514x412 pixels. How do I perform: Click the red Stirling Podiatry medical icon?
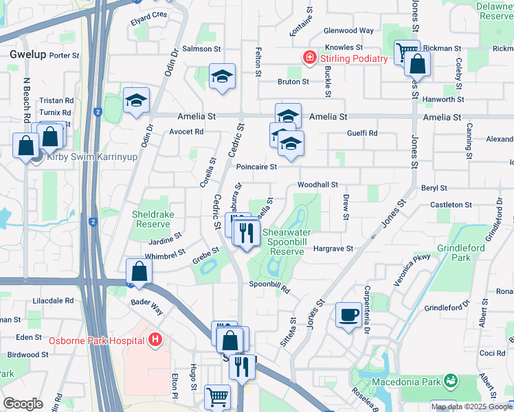(x=310, y=57)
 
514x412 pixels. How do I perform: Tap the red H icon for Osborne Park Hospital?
(x=156, y=340)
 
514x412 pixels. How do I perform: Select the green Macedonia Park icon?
(x=451, y=380)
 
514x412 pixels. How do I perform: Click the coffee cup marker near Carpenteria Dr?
(x=349, y=314)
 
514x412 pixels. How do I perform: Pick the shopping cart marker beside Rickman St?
(x=406, y=51)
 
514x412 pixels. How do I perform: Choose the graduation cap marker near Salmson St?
(x=222, y=78)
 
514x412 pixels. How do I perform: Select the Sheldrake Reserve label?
(x=150, y=219)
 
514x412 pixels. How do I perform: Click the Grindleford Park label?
(x=461, y=252)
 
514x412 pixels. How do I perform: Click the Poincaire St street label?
(x=256, y=167)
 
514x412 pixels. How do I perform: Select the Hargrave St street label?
(x=333, y=249)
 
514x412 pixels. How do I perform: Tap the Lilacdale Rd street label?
(x=54, y=301)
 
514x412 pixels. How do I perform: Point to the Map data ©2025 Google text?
(x=471, y=407)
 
